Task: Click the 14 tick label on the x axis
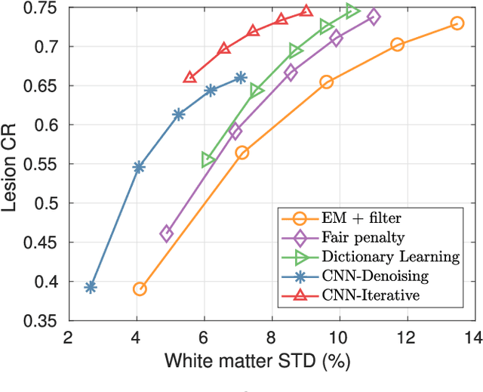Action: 474,337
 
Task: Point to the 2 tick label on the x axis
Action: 68,337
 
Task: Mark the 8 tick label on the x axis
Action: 271,337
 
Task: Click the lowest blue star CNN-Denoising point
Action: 91,287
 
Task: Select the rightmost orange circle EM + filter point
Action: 457,23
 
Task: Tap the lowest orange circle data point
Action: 139,289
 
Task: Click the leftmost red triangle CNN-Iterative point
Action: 189,78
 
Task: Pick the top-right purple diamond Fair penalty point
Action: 374,17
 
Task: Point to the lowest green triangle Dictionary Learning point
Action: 208,160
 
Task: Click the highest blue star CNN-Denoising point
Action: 241,77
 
